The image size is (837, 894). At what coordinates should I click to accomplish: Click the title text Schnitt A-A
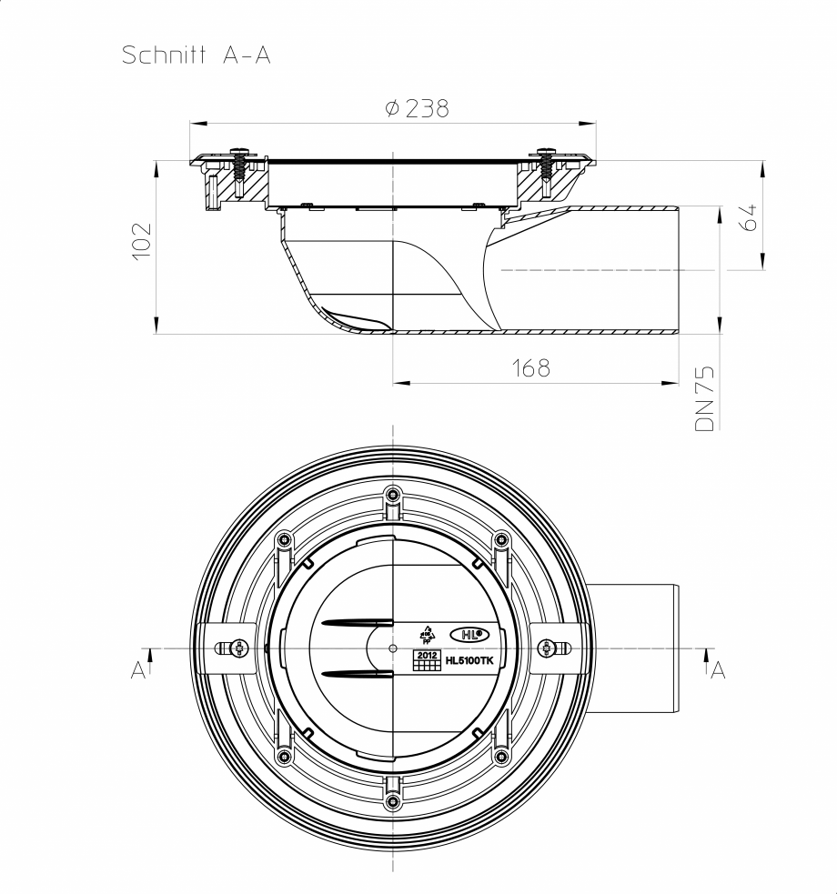tap(197, 55)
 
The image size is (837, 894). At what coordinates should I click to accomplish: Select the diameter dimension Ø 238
tap(417, 108)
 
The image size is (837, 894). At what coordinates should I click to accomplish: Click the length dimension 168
tap(530, 367)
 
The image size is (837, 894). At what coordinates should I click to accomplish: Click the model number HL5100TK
tap(469, 662)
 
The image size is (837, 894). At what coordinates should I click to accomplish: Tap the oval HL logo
tap(469, 634)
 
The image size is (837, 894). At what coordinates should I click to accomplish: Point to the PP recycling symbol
tap(427, 634)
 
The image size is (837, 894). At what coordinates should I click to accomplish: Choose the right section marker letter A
tap(718, 670)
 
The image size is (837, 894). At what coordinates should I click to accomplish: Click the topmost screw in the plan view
tap(392, 495)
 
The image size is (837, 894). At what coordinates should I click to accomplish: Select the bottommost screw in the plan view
tap(392, 802)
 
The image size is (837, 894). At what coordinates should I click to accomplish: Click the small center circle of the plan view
tap(392, 648)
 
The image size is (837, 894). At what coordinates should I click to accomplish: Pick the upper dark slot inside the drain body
tap(357, 623)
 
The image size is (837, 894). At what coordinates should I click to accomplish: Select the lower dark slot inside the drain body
tap(357, 674)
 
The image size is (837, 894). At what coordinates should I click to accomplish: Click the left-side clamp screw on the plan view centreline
tap(239, 648)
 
